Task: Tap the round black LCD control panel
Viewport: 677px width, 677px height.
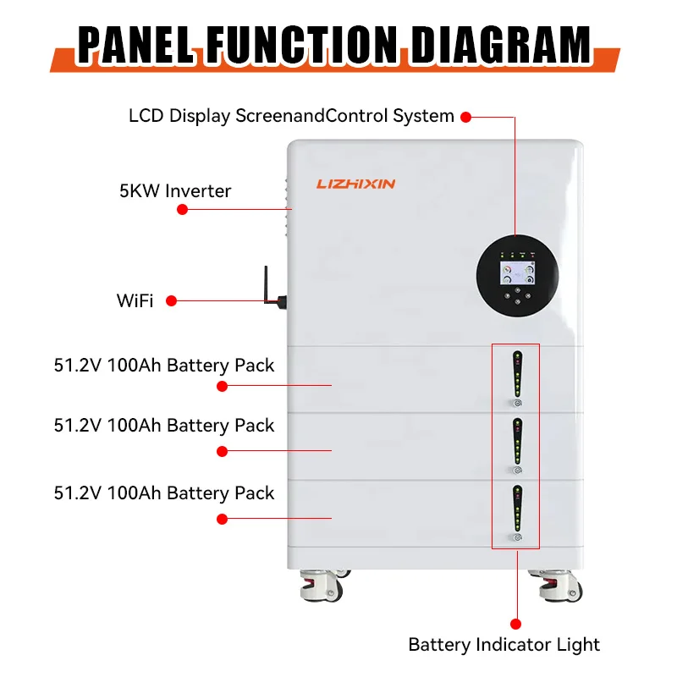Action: click(x=517, y=276)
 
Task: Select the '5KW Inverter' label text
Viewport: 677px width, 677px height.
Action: click(x=175, y=191)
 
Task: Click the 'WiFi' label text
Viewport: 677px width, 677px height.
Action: click(x=135, y=300)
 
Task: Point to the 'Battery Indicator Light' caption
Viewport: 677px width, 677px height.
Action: click(x=504, y=644)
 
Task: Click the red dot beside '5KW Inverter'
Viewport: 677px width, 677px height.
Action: click(x=182, y=208)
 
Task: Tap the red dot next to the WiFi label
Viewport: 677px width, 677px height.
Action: click(x=171, y=300)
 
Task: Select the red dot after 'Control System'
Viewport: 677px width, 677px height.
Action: click(x=465, y=116)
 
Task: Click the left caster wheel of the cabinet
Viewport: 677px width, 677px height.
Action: click(x=321, y=584)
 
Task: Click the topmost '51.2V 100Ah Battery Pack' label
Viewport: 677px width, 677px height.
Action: click(x=164, y=366)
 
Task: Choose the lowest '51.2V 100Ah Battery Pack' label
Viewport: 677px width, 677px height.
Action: click(x=164, y=493)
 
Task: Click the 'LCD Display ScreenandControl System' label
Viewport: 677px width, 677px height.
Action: click(x=291, y=116)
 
